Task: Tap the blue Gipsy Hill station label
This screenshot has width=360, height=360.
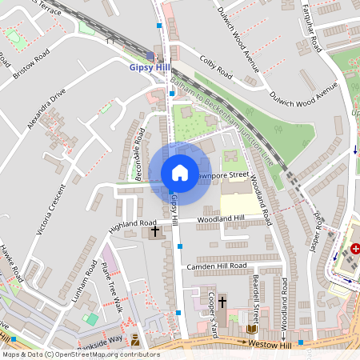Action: (150, 68)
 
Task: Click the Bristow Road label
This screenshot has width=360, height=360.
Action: (30, 64)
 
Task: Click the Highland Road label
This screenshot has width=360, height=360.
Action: (134, 225)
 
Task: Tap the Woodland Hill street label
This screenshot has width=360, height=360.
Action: (222, 218)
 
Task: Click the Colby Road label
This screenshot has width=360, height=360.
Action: (216, 66)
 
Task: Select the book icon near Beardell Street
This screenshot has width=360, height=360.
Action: (251, 330)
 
